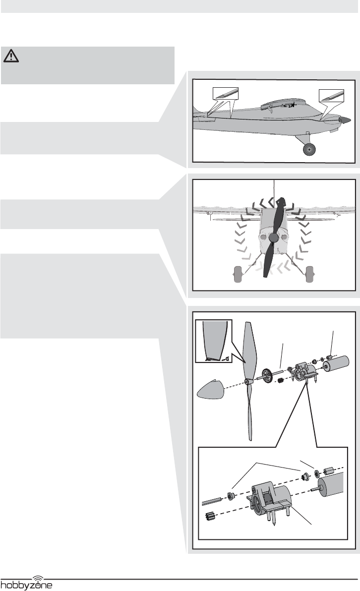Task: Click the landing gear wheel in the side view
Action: (309, 148)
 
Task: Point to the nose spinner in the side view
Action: (346, 120)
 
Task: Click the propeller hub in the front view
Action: (272, 237)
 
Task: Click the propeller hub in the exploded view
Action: (246, 381)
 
